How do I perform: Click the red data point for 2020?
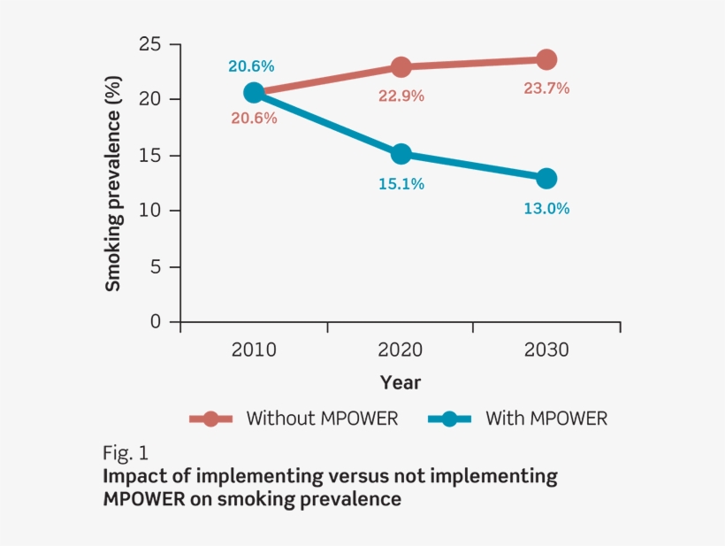tap(401, 67)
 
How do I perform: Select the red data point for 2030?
tap(546, 59)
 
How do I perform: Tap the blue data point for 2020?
tap(401, 154)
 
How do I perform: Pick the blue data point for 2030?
tap(546, 178)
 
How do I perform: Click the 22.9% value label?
tap(401, 96)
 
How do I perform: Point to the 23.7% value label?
tap(546, 88)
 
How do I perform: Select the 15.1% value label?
tap(401, 184)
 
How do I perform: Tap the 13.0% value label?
tap(546, 209)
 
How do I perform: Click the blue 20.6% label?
tap(251, 65)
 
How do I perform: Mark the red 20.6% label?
tap(255, 118)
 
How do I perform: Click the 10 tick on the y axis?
tap(152, 211)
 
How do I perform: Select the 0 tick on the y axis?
tap(156, 322)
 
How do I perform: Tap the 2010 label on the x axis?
tap(254, 350)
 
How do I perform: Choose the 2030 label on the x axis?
tap(546, 350)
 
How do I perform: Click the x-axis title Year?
tap(401, 382)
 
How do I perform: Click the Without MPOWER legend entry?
tap(295, 419)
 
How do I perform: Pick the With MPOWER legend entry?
tap(520, 419)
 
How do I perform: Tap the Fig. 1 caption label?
tap(126, 454)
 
